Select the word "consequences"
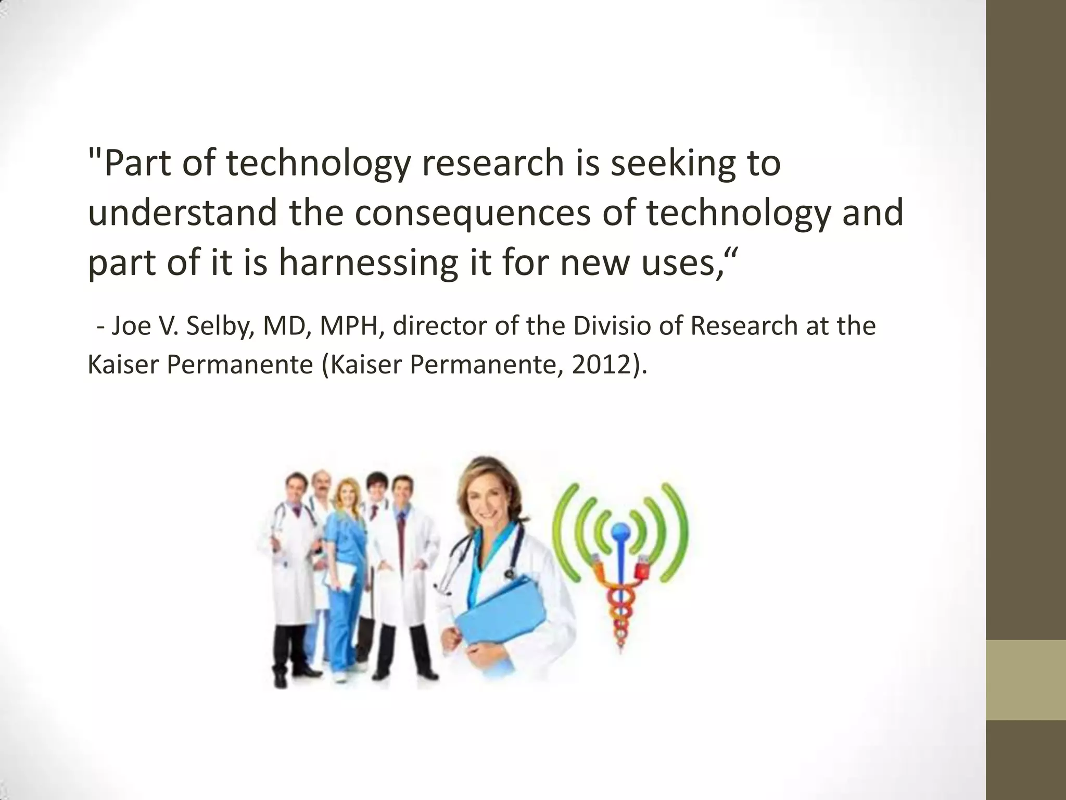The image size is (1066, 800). (473, 214)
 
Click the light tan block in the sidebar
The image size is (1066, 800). (1026, 680)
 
